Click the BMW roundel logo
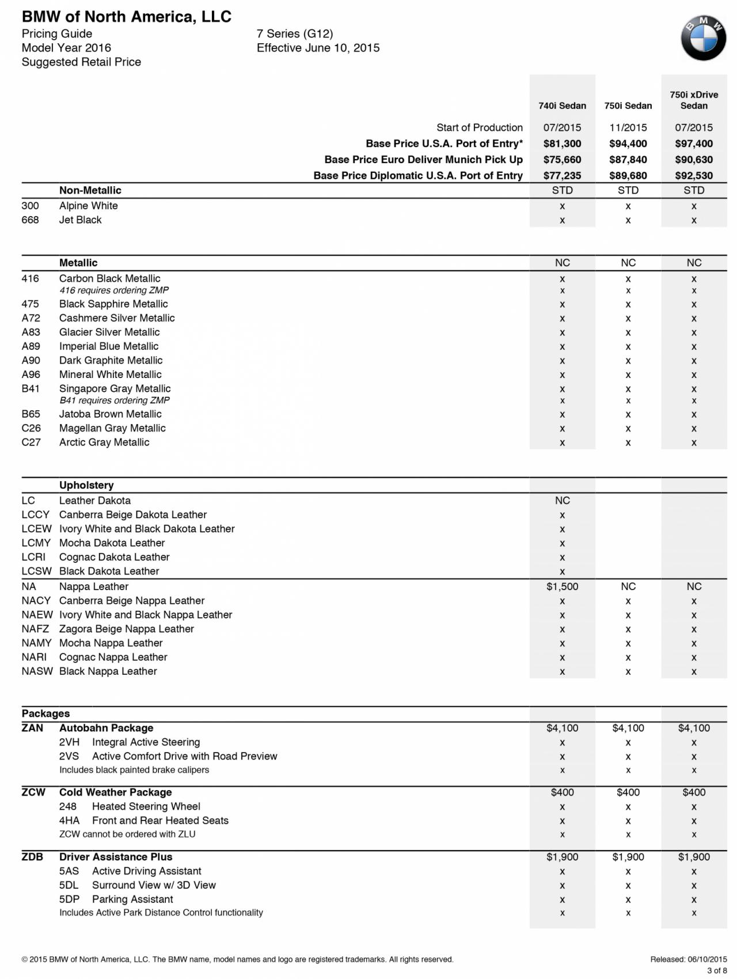703,39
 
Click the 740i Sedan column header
562,106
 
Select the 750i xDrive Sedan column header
694,100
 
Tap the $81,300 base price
562,143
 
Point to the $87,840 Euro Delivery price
628,160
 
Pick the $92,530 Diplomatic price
694,176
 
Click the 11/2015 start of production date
628,127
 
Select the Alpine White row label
88,206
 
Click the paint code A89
31,346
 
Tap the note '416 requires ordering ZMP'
114,290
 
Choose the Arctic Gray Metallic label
104,443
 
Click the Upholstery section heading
86,485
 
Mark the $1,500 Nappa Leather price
562,587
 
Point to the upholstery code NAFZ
35,629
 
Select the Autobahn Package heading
106,728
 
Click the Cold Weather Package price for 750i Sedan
628,793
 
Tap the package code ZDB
32,857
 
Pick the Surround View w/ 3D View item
154,886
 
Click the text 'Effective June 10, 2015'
318,48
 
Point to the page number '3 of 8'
717,970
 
